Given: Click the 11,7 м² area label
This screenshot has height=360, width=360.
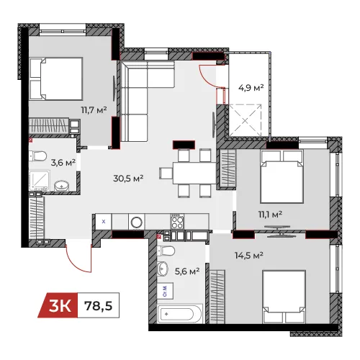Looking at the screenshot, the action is click(94, 110).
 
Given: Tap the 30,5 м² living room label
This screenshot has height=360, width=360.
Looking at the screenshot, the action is click(128, 179).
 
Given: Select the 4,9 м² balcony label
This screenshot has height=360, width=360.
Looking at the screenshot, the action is click(251, 88).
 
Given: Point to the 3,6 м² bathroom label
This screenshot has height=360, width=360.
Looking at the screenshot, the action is click(63, 163).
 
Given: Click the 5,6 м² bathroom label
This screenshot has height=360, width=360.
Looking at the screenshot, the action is click(187, 271).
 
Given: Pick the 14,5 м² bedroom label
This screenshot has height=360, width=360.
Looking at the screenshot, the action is click(249, 255).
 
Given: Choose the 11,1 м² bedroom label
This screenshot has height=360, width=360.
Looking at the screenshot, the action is click(270, 215).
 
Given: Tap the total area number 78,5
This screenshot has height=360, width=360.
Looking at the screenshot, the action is click(98, 306).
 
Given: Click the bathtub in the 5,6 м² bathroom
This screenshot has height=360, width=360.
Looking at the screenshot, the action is click(180, 314).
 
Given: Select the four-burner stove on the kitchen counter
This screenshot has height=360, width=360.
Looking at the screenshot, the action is click(177, 221).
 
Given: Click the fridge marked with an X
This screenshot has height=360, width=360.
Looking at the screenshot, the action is click(104, 222).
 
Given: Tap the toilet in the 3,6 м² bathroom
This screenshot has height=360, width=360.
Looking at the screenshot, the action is click(38, 156).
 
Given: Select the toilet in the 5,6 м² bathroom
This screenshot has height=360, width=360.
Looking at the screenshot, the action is click(166, 251).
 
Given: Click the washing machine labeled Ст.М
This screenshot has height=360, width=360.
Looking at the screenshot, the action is click(166, 291).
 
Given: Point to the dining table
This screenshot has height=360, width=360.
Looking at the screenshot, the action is click(194, 173).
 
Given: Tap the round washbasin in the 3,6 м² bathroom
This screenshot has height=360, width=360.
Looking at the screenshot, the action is click(62, 186).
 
